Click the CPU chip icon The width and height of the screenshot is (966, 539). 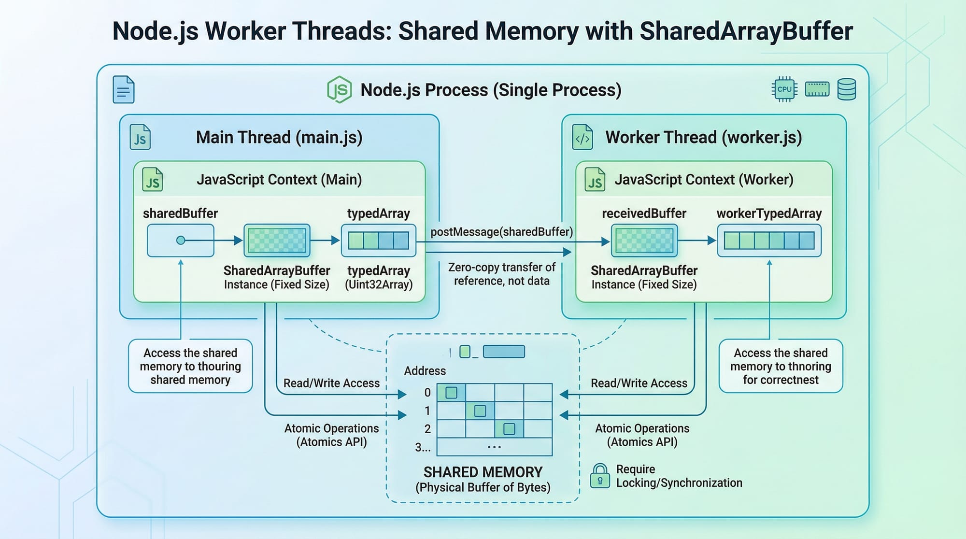click(x=784, y=89)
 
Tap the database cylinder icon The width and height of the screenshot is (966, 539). click(x=846, y=89)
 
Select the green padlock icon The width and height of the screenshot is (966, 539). click(x=600, y=476)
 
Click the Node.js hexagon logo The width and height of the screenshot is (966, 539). click(x=340, y=89)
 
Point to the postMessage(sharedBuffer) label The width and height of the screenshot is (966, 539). click(x=501, y=232)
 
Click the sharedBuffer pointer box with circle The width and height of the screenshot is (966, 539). click(x=181, y=240)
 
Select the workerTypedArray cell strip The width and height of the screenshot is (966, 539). click(x=769, y=240)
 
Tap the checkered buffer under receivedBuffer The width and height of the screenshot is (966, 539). click(x=644, y=240)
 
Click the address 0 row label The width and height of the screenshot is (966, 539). click(x=427, y=393)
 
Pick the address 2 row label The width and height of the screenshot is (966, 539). click(x=427, y=429)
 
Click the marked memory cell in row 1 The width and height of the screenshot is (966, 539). click(x=480, y=411)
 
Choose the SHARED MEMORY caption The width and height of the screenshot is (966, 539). click(x=483, y=472)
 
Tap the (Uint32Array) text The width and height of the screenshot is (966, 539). click(x=379, y=284)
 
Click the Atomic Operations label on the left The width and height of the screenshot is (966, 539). click(x=331, y=429)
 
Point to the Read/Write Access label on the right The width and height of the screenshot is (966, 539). click(x=639, y=383)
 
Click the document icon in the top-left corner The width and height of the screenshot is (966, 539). click(x=123, y=89)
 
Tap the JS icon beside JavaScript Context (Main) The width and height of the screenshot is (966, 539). click(x=153, y=180)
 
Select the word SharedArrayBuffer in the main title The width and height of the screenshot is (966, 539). click(x=746, y=31)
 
